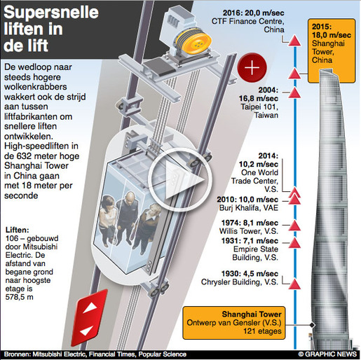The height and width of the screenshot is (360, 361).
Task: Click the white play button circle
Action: pyautogui.click(x=180, y=180)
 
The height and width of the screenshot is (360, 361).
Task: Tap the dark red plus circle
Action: pyautogui.click(x=252, y=68)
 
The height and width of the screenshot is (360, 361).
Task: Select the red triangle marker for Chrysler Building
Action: pyautogui.click(x=294, y=284)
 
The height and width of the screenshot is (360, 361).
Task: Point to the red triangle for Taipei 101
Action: pyautogui.click(x=294, y=93)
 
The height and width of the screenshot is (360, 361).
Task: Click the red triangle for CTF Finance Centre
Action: pyautogui.click(x=294, y=41)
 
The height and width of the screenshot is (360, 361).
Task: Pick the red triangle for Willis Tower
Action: pyautogui.click(x=294, y=226)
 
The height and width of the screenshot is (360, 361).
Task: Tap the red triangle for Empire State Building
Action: pyautogui.click(x=294, y=243)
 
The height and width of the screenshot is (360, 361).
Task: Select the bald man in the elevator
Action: pyautogui.click(x=127, y=215)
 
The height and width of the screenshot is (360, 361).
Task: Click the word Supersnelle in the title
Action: pyautogui.click(x=51, y=13)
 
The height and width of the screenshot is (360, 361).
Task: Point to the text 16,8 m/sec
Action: pyautogui.click(x=258, y=99)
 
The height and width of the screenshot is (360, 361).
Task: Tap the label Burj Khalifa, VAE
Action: pyautogui.click(x=249, y=208)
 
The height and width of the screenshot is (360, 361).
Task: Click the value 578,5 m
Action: pyautogui.click(x=20, y=297)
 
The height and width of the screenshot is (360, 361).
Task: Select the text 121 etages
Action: pyautogui.click(x=262, y=331)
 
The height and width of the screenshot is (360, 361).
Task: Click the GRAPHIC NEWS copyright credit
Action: pyautogui.click(x=327, y=354)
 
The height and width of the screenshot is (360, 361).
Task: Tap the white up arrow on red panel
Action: pyautogui.click(x=90, y=308)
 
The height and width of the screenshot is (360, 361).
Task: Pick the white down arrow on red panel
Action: pyautogui.click(x=86, y=331)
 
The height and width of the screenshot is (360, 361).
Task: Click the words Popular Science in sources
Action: pyautogui.click(x=163, y=354)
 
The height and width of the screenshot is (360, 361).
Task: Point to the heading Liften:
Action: pyautogui.click(x=18, y=230)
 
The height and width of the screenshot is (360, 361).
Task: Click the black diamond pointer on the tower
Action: pyautogui.click(x=312, y=325)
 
